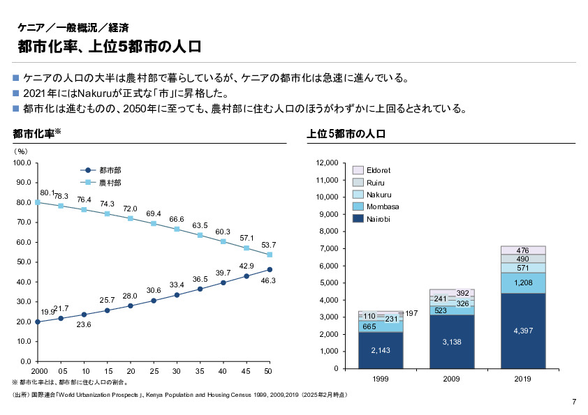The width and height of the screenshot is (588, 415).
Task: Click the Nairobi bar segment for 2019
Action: point(522,331)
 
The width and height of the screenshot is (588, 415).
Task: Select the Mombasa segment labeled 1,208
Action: point(522,282)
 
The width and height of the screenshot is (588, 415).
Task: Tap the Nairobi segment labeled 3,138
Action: point(451,342)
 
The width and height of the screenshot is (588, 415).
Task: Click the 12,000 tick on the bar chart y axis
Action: point(327,163)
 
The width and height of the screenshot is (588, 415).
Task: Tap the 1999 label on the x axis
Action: point(381,379)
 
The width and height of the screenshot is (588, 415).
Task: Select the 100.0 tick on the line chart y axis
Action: point(22,163)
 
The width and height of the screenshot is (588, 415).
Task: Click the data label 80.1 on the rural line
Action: point(47,193)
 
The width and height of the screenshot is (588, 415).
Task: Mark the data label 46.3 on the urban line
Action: point(269,280)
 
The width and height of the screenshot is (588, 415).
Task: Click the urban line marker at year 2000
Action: point(38,322)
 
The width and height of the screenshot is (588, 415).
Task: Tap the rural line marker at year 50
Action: point(269,255)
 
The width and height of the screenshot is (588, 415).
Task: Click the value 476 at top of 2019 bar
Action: point(522,250)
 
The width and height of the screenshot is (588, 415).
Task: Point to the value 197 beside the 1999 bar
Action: point(411,314)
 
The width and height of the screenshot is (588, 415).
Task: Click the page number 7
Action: point(573,402)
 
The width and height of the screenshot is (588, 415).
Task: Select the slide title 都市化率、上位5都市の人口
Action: point(110,47)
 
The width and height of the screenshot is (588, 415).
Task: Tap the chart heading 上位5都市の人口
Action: point(346,133)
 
